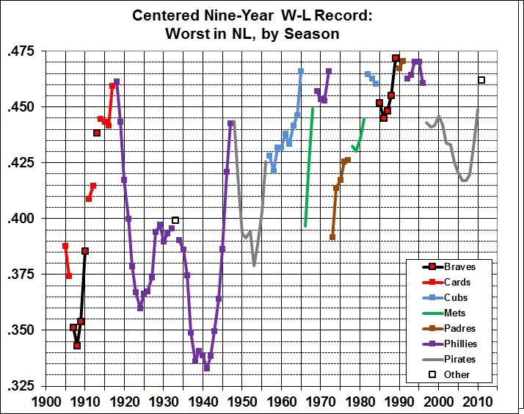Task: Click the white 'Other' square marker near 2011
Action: point(481,80)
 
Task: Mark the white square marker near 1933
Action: point(175,220)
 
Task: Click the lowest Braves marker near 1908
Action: point(77,346)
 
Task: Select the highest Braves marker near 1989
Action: point(396,58)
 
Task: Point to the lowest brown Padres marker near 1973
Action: point(332,237)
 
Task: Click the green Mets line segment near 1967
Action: point(309,169)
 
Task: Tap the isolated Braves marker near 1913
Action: point(97,133)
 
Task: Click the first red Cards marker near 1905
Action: point(65,247)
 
